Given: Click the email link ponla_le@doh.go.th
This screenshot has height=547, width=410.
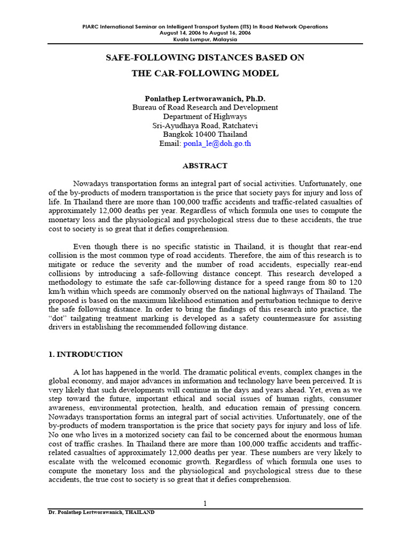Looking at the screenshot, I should point(217,144).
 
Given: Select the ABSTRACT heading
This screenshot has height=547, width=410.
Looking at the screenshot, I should point(205,166).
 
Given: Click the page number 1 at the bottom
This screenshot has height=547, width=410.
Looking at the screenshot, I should point(205,503).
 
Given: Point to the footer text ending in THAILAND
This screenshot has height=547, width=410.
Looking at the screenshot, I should point(101,512).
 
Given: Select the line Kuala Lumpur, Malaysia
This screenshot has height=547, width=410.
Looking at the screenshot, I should point(205,39).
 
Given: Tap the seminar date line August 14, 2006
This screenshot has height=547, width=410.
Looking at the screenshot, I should point(205,33).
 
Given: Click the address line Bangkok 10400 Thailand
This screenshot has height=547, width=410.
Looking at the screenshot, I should point(205,135).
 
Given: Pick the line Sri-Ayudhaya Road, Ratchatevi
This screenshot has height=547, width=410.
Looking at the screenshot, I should point(205,126).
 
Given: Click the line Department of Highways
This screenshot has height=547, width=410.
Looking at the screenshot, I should point(205,116).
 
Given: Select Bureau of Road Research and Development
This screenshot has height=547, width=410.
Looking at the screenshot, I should point(205,107).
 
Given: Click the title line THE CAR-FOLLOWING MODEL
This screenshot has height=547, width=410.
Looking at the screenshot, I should point(205,73).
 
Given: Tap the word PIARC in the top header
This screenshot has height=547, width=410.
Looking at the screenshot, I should point(92,26).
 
